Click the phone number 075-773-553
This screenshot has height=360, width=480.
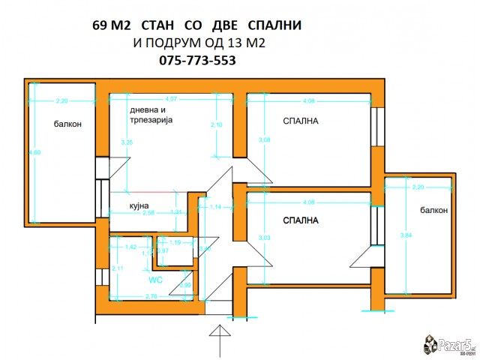click(198, 61)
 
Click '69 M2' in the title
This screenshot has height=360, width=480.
click(111, 25)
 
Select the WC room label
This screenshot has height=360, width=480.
click(155, 280)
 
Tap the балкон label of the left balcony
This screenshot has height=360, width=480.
click(67, 124)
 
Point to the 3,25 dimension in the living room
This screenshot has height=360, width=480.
click(127, 141)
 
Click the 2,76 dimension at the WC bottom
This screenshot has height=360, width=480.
click(151, 297)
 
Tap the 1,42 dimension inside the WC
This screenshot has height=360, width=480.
click(130, 247)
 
